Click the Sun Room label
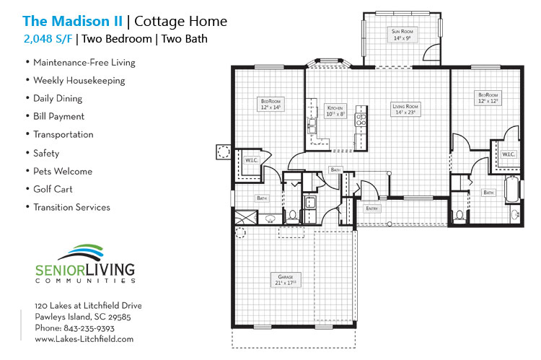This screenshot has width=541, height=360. click(401, 35)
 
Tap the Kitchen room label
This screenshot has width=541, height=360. click(335, 110)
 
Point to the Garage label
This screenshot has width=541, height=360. click(286, 278)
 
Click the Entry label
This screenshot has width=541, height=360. click(372, 208)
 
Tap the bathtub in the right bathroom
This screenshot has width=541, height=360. click(513, 190)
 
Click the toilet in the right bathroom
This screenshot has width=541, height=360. click(459, 215)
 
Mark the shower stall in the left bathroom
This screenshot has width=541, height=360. click(247, 216)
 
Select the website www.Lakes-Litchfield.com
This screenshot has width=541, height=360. click(84, 338)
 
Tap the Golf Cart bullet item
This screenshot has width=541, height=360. click(53, 189)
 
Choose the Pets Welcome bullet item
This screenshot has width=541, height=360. click(63, 171)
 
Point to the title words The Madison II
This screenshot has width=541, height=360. click(72, 22)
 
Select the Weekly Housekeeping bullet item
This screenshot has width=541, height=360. click(79, 81)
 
